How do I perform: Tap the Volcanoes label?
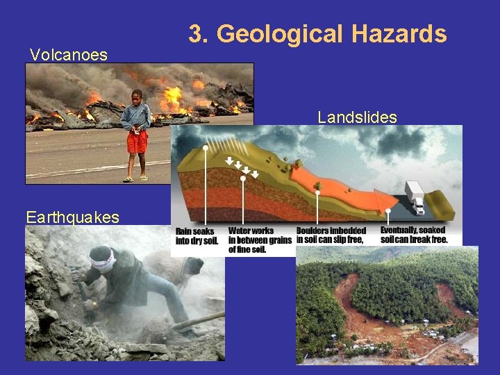point(68,54)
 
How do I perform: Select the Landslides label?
point(357,117)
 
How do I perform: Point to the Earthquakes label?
point(72,217)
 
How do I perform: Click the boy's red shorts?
point(137,142)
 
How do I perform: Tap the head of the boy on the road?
point(137,96)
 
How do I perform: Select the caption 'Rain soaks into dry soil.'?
point(197,235)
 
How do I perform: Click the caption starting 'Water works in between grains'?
point(259,240)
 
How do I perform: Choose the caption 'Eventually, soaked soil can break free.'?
point(412,235)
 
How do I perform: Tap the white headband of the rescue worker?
point(102,261)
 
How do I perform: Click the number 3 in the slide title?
point(194,33)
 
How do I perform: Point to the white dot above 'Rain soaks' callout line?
point(206,148)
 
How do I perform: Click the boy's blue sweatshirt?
point(136,115)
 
